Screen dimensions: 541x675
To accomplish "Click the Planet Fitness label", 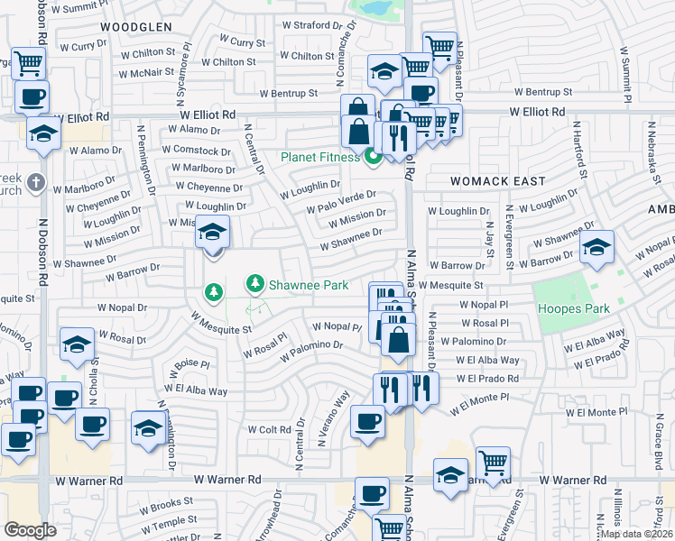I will click(x=320, y=157).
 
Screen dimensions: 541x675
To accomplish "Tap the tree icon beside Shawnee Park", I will click(x=256, y=285).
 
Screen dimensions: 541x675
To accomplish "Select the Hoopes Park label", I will click(x=574, y=309).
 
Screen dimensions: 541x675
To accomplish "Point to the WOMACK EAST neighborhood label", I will click(x=498, y=181).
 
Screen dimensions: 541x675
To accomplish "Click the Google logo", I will click(x=30, y=530).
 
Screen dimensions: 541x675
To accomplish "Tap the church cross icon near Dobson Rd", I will click(x=35, y=183).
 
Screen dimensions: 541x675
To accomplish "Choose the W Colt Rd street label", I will click(x=270, y=430).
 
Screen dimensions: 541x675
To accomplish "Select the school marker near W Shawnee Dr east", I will click(x=596, y=248).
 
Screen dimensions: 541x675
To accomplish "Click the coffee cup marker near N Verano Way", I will click(x=367, y=422).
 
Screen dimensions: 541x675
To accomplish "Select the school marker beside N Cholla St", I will click(x=78, y=345).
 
